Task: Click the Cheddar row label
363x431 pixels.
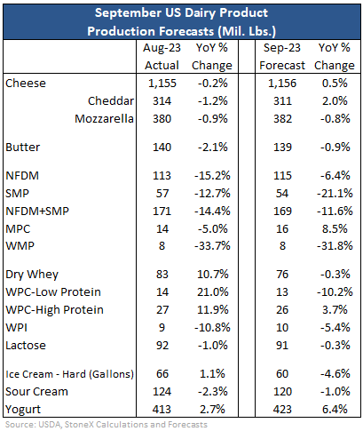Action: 111,101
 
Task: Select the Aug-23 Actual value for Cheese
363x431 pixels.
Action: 162,84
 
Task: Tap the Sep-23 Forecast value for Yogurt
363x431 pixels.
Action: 282,410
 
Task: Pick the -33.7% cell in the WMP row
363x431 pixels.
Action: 212,246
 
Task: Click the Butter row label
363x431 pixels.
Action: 23,148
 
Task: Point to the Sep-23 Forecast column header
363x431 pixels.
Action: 282,57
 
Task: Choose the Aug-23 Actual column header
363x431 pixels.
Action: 162,57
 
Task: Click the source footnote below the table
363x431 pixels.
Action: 107,425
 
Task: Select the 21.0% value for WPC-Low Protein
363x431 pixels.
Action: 213,292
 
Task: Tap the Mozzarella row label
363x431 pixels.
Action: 104,119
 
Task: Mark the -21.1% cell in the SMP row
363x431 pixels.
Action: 335,194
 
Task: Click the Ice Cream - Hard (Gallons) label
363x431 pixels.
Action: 70,374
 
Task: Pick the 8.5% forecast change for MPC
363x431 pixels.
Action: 335,229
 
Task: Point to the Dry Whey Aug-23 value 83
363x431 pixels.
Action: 162,275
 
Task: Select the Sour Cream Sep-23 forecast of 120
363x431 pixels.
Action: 282,392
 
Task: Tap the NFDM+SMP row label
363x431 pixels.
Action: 37,212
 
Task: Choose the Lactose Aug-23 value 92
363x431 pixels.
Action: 162,346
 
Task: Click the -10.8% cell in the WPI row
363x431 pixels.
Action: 212,328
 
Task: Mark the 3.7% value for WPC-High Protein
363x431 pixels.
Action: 335,310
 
